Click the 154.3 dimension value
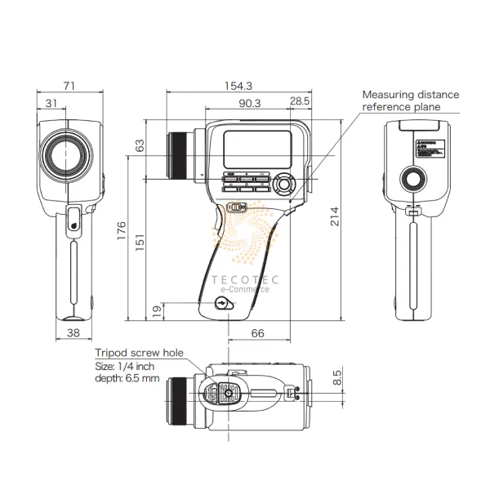[x=238, y=85]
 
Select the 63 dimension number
[x=139, y=146]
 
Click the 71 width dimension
[x=69, y=85]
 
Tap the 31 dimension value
[x=51, y=103]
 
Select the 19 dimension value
[x=157, y=311]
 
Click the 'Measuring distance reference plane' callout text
[x=410, y=100]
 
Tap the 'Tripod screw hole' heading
[x=140, y=352]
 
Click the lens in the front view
[x=66, y=154]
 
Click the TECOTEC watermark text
[x=246, y=279]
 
